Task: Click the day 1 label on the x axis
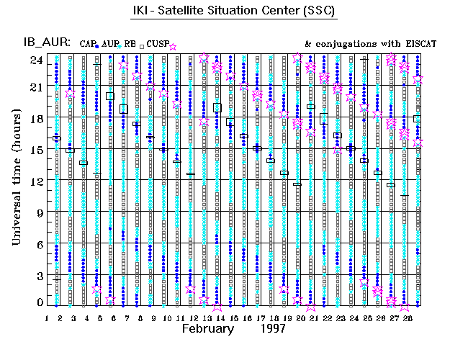pyautogui.click(x=47, y=317)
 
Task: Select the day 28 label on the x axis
pyautogui.click(x=418, y=317)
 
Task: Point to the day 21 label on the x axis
pyautogui.click(x=312, y=317)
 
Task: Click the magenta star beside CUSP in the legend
pyautogui.click(x=173, y=46)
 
